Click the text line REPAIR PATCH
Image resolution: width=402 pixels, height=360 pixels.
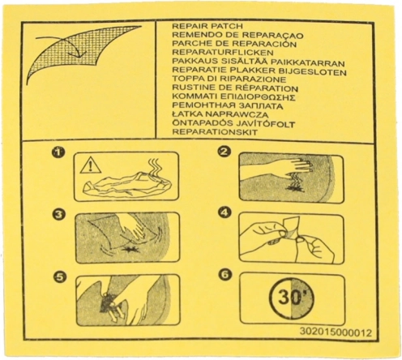click(x=207, y=26)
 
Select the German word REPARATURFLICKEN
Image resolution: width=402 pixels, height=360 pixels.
click(x=223, y=52)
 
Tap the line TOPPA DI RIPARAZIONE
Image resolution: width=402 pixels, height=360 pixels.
click(x=229, y=79)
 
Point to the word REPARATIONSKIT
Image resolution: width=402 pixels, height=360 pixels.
click(x=215, y=132)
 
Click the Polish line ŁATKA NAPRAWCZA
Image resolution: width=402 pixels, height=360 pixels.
click(x=220, y=114)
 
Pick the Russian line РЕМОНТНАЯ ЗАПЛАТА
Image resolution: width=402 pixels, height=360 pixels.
click(x=228, y=106)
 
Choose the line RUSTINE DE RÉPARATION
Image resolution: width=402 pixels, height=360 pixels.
click(x=235, y=88)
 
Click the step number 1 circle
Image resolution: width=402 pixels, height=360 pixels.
click(x=58, y=152)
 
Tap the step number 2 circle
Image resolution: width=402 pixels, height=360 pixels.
click(x=225, y=152)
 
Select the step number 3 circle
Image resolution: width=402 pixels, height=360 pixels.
click(x=59, y=215)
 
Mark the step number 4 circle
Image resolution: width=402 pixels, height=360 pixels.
click(x=225, y=212)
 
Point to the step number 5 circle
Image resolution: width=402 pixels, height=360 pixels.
click(x=59, y=276)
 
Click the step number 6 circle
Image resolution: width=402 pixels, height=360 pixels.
click(x=225, y=275)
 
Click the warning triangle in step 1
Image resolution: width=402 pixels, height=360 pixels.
click(x=91, y=165)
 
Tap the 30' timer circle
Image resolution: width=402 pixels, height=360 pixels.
click(x=293, y=298)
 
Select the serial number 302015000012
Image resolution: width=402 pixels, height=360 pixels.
click(x=336, y=332)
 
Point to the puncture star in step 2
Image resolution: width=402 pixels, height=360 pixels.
click(x=294, y=188)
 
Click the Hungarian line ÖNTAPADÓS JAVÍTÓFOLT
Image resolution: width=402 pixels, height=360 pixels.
click(x=233, y=123)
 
